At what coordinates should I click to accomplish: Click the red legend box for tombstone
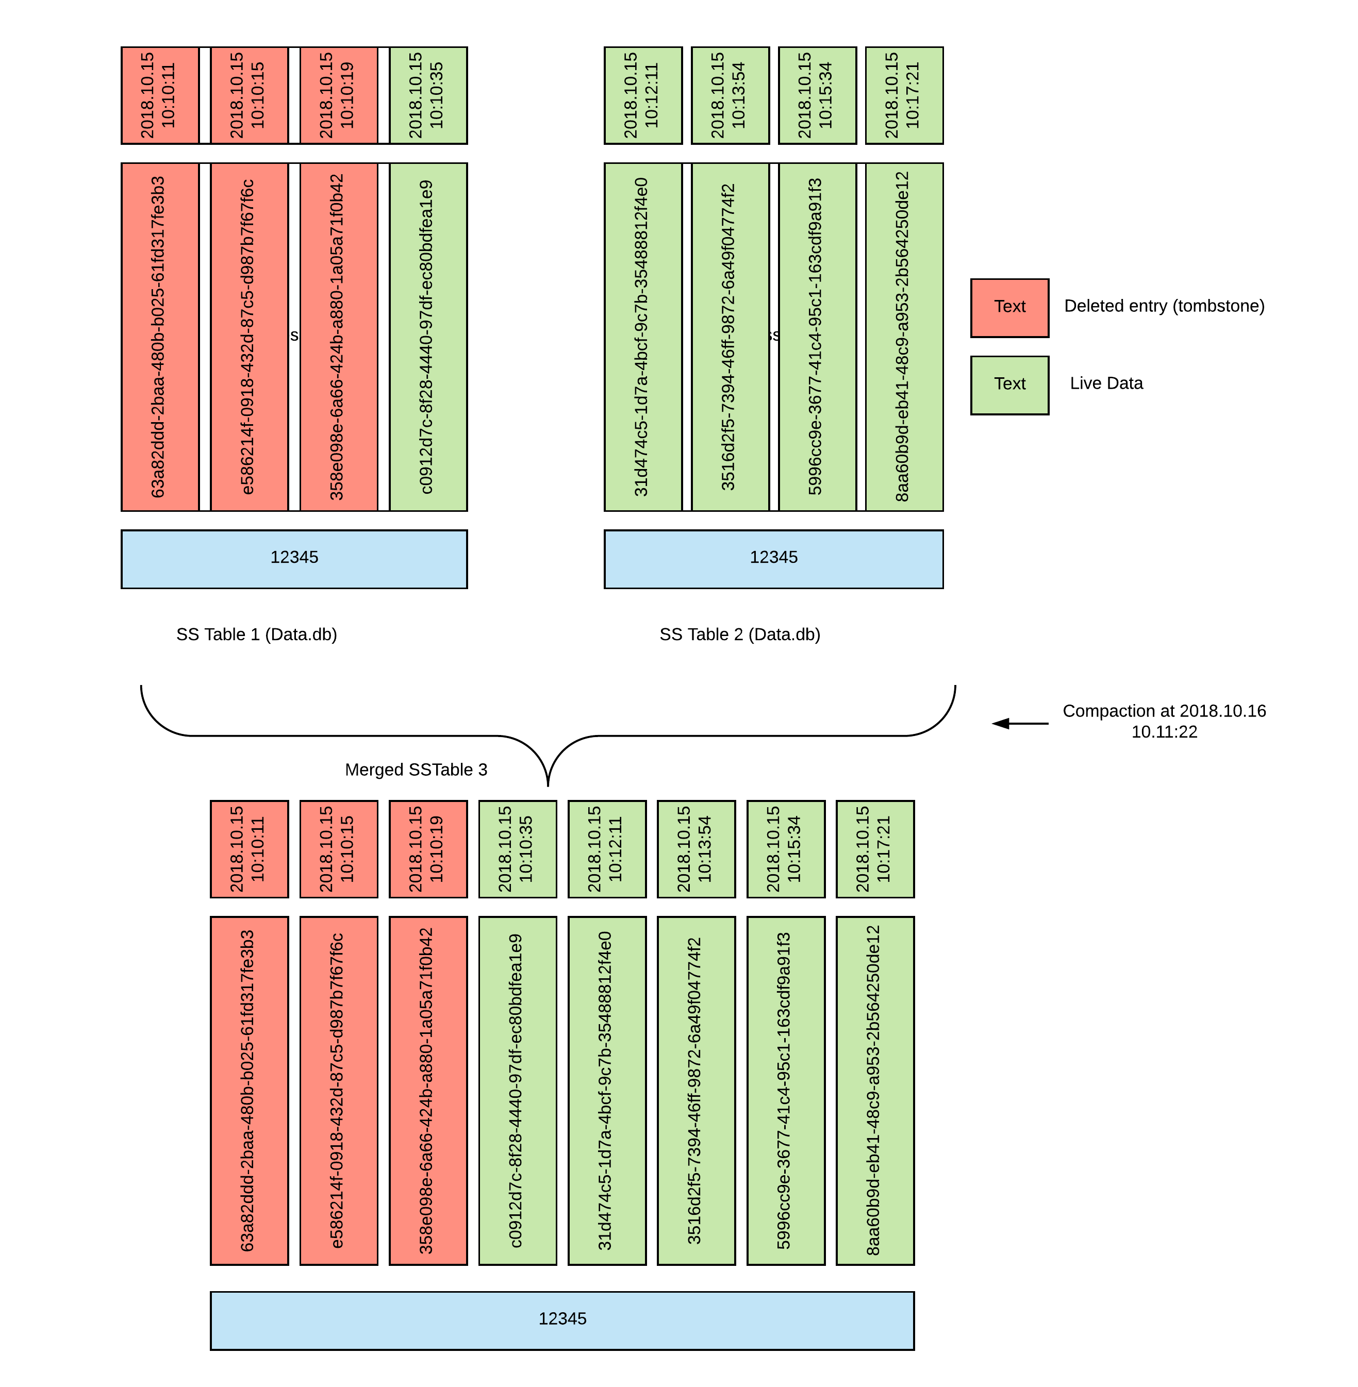[1009, 307]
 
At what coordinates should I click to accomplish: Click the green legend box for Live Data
[1009, 385]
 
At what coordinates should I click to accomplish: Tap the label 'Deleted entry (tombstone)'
[1164, 306]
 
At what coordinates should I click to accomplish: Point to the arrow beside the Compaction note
[1020, 723]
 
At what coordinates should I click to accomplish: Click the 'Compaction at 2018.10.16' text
[1164, 711]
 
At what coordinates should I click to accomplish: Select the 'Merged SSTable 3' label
[416, 770]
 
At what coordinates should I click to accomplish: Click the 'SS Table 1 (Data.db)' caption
[257, 634]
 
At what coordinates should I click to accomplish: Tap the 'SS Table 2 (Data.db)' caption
[740, 634]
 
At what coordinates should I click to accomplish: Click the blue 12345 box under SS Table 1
[294, 558]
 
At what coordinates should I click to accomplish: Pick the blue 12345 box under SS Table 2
[773, 558]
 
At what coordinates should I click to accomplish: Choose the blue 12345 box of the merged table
[562, 1320]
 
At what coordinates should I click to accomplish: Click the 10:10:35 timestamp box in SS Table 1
[428, 95]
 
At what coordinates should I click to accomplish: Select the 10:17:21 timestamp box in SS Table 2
[904, 95]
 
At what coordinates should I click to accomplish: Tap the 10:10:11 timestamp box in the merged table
[249, 848]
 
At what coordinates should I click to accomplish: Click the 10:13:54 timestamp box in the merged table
[695, 848]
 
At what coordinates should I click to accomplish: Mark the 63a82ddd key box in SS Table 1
[160, 337]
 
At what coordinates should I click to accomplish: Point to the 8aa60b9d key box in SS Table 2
[904, 337]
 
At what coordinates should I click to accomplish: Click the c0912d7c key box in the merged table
[517, 1090]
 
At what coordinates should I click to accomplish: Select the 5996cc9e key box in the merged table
[785, 1090]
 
